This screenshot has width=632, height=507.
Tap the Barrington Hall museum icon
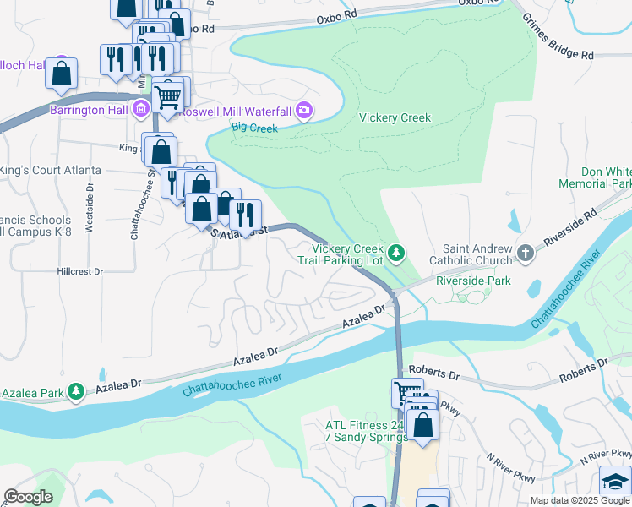[141, 109]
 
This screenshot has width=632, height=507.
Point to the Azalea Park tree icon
[76, 390]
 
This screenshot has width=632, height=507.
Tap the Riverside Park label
[474, 281]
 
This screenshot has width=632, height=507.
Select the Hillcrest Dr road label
[79, 272]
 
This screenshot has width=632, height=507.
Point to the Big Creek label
[253, 128]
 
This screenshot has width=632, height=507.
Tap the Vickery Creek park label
[395, 118]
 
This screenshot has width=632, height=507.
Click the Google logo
[28, 497]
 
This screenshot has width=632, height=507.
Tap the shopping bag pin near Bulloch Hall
[62, 74]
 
